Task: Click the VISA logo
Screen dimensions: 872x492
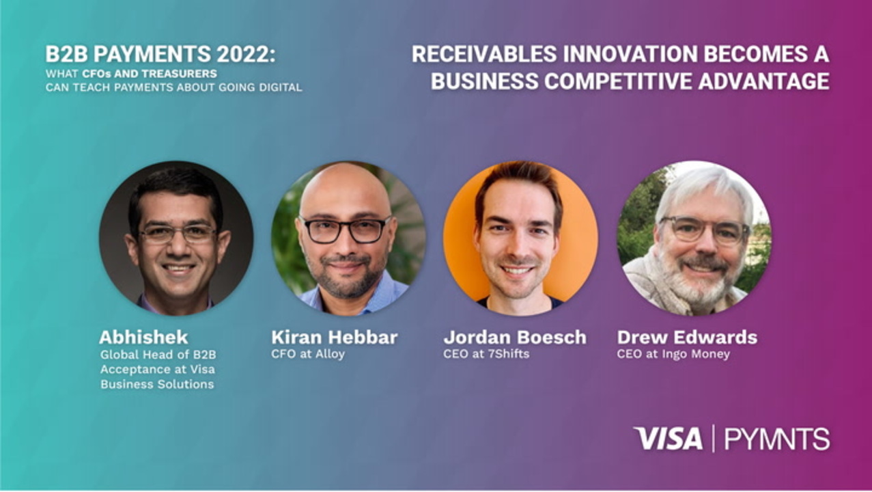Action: tap(668, 438)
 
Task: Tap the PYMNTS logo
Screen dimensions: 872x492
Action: tap(776, 439)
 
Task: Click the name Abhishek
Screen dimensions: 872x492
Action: tap(143, 337)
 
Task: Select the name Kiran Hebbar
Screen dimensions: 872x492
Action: tap(335, 337)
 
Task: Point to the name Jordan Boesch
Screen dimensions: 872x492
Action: tap(515, 337)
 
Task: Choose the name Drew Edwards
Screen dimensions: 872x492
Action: tap(687, 337)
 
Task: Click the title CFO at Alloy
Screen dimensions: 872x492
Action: tap(308, 354)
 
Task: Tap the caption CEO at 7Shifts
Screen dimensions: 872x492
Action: tap(486, 354)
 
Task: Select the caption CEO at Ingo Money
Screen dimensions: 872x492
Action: tap(673, 354)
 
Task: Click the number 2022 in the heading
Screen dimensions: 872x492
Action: tap(245, 54)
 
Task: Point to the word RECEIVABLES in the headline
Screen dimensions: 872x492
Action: tap(484, 54)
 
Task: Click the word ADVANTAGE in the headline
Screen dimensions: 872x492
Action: tap(763, 81)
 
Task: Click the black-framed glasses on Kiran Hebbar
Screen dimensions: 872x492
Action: tap(345, 230)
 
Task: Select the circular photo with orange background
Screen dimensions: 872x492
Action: tap(520, 238)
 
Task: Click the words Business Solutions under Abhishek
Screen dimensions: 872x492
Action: tap(157, 384)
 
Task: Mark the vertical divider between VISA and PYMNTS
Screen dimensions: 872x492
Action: tap(713, 438)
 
